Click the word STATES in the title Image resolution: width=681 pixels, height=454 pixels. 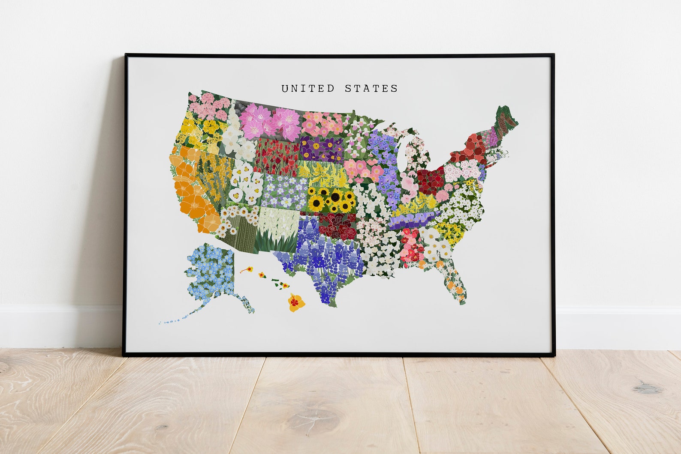[x=371, y=88]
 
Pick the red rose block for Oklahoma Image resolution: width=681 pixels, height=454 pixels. [x=339, y=225]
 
